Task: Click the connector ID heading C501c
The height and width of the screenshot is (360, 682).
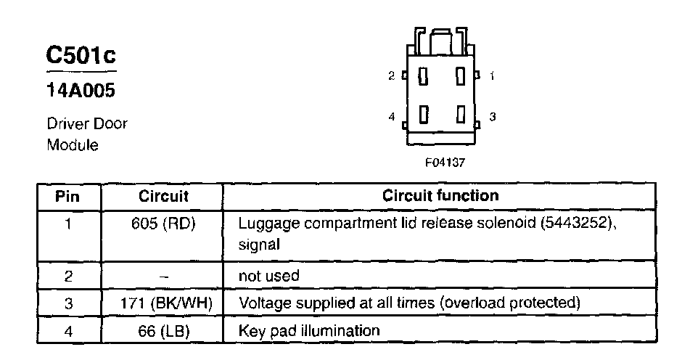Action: pos(81,55)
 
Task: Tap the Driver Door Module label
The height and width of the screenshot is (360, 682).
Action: pos(87,134)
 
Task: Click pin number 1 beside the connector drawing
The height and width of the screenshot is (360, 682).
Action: pos(492,75)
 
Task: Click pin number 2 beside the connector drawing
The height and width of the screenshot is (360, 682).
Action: pos(391,75)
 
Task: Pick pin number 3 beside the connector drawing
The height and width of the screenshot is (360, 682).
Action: pos(492,116)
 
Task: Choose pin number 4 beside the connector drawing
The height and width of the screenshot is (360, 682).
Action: pos(391,116)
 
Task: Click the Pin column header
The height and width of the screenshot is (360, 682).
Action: pos(67,196)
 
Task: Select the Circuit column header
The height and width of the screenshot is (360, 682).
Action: pos(163,196)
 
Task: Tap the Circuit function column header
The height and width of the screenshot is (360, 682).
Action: pos(440,196)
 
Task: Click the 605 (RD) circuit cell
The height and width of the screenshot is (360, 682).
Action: pos(163,224)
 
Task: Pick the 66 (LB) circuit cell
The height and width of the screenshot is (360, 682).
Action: pos(163,331)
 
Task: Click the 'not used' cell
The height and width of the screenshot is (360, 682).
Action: pos(268,276)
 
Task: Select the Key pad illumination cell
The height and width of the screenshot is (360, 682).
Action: pos(309,331)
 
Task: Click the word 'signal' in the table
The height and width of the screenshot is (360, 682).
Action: pos(259,246)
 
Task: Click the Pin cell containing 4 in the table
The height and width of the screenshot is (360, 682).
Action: pos(67,331)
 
